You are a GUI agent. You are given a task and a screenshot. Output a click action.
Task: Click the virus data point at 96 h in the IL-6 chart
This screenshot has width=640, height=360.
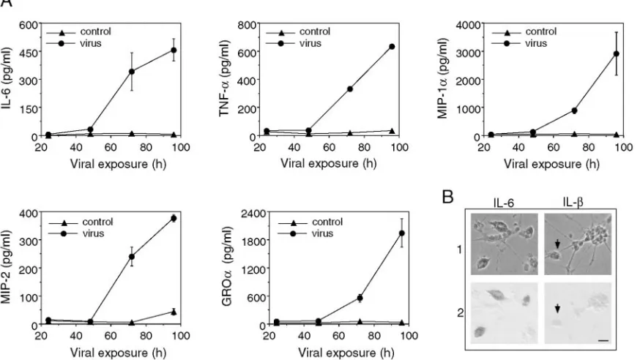[174, 50]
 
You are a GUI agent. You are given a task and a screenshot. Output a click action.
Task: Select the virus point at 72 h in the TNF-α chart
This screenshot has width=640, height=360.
[350, 89]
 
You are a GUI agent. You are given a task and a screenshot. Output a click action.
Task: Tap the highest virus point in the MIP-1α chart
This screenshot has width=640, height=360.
[617, 54]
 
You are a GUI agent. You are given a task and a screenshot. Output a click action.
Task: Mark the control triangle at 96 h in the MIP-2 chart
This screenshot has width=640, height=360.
[174, 312]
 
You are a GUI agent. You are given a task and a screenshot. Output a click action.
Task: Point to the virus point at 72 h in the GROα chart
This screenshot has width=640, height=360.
[360, 298]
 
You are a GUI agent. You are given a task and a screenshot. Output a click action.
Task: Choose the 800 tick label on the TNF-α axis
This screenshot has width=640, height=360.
[247, 25]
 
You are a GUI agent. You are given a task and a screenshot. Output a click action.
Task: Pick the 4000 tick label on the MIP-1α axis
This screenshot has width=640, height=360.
[469, 25]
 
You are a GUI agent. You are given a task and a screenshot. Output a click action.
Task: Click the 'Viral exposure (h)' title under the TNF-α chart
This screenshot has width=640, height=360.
[329, 163]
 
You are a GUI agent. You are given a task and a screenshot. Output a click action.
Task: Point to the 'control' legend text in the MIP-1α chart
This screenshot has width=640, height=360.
[540, 31]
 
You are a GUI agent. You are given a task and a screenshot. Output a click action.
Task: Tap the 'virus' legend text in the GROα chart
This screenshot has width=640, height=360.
[322, 233]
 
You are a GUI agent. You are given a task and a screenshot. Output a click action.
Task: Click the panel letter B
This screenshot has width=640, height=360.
[447, 198]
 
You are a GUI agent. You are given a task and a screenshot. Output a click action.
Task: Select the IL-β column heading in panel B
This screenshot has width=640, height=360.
[573, 202]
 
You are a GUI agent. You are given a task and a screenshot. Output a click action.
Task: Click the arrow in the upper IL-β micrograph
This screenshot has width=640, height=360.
[558, 244]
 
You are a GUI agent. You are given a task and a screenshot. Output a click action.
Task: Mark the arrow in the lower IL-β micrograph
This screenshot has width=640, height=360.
[558, 309]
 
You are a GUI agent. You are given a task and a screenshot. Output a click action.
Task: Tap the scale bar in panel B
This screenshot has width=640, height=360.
[603, 340]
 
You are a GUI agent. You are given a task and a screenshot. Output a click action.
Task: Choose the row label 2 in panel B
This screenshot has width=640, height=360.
[460, 313]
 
